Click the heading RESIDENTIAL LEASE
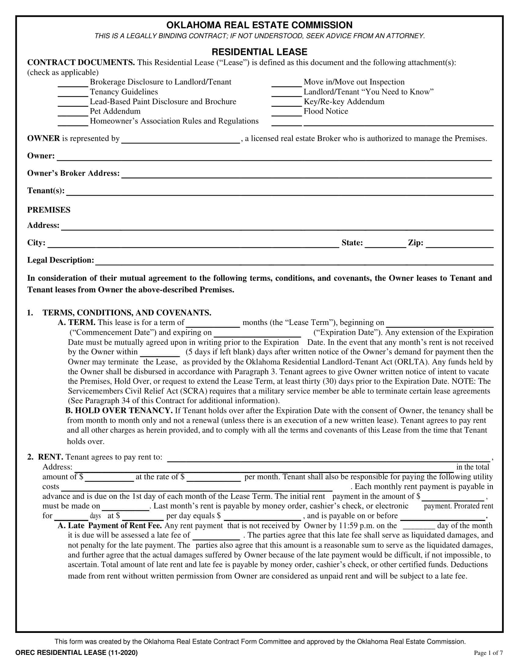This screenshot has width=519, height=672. pyautogui.click(x=259, y=52)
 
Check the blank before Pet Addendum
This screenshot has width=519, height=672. pyautogui.click(x=73, y=112)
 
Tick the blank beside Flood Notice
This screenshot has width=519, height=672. pyautogui.click(x=287, y=112)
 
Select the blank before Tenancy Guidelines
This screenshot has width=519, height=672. pyautogui.click(x=73, y=93)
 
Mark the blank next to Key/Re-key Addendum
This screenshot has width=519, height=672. pyautogui.click(x=287, y=102)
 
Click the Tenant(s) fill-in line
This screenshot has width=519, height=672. pyautogui.click(x=280, y=192)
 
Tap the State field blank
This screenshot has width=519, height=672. pyautogui.click(x=386, y=244)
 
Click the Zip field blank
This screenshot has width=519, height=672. pyautogui.click(x=459, y=244)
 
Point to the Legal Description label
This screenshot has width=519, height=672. pyautogui.click(x=60, y=260)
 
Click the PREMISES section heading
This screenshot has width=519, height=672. pyautogui.click(x=49, y=210)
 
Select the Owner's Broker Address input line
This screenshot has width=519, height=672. pyautogui.click(x=306, y=174)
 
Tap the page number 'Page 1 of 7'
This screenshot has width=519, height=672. pyautogui.click(x=488, y=653)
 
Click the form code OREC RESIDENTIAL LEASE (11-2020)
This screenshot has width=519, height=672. pyautogui.click(x=77, y=653)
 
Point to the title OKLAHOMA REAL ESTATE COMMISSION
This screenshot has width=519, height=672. pyautogui.click(x=259, y=25)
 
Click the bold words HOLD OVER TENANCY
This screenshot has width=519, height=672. pyautogui.click(x=123, y=411)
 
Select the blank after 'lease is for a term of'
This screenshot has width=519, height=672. pyautogui.click(x=213, y=323)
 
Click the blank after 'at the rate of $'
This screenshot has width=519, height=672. pyautogui.click(x=213, y=477)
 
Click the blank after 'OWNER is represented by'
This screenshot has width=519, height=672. pyautogui.click(x=180, y=139)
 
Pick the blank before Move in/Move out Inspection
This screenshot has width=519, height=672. pyautogui.click(x=287, y=83)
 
